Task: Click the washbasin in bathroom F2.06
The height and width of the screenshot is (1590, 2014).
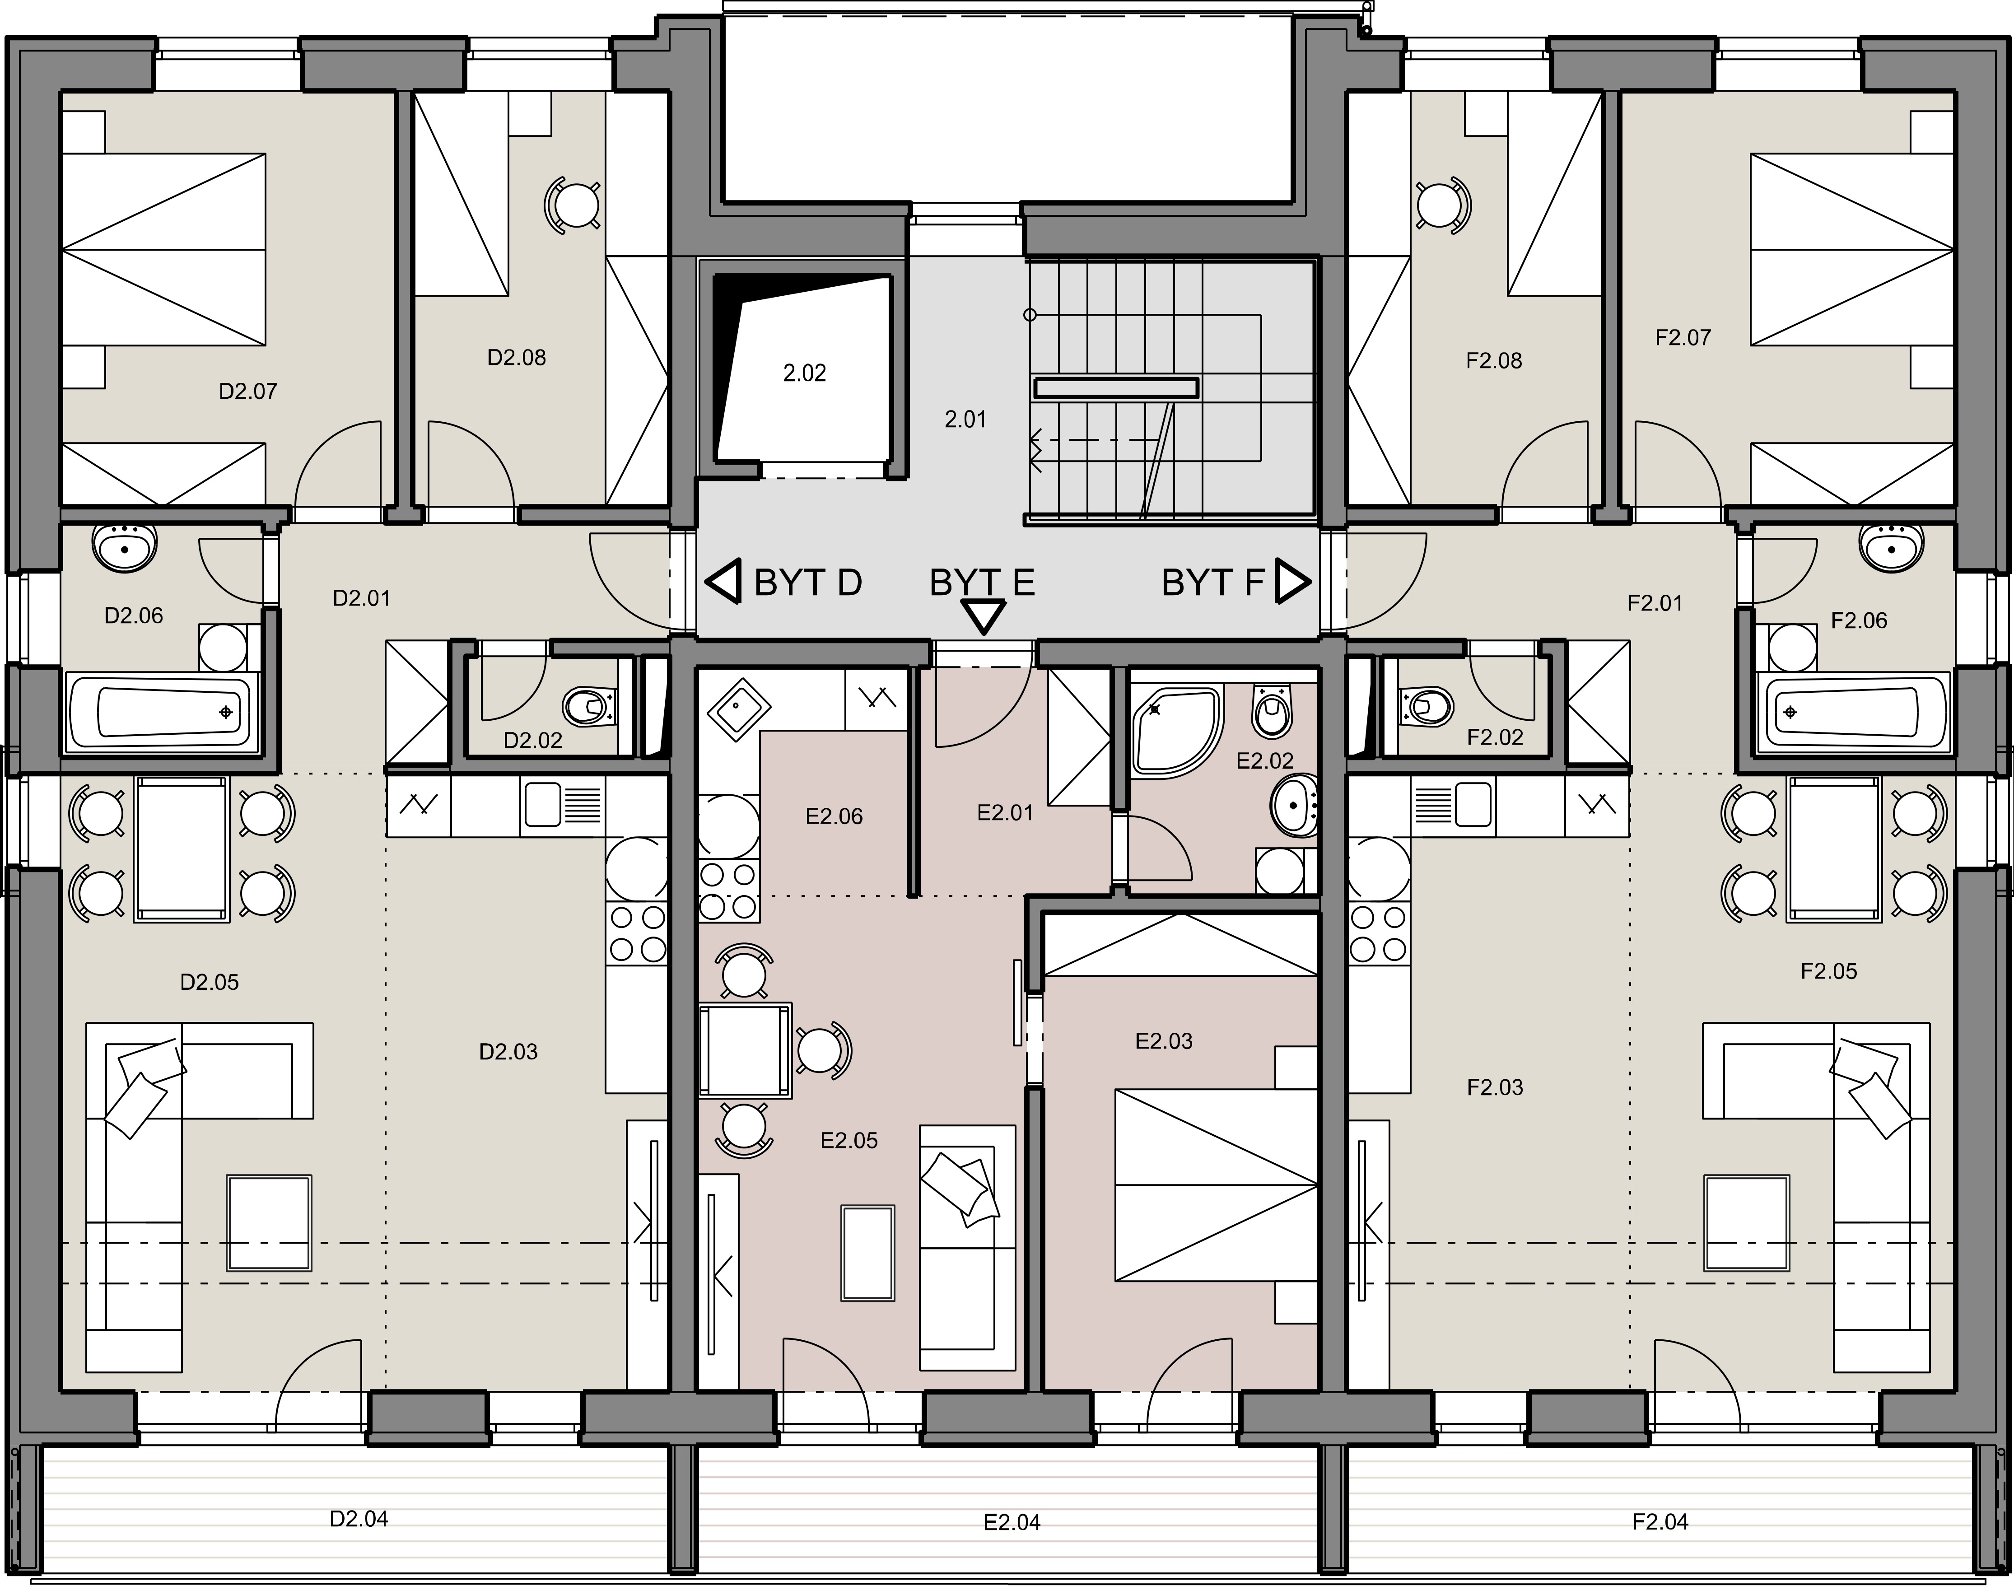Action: (x=1891, y=546)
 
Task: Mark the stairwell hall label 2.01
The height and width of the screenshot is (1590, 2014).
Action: (x=965, y=420)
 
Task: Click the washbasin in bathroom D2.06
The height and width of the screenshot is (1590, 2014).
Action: (x=124, y=546)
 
